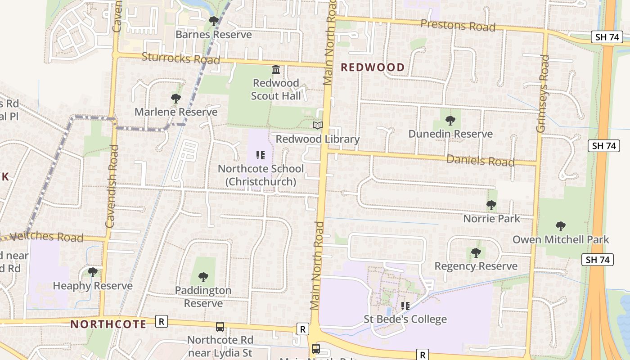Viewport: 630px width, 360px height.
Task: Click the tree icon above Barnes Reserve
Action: [x=214, y=21]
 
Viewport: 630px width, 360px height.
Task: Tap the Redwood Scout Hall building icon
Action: [x=276, y=70]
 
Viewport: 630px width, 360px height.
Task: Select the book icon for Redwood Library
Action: [x=318, y=126]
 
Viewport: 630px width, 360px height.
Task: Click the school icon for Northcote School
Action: [x=261, y=155]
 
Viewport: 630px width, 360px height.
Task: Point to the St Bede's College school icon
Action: [x=405, y=306]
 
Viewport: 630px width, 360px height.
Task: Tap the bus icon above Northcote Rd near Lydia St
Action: [x=220, y=327]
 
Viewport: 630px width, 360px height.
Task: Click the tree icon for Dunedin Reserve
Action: [x=450, y=120]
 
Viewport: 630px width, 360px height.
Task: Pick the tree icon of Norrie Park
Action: [x=491, y=205]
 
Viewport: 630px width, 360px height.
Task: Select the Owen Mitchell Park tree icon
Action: [x=560, y=226]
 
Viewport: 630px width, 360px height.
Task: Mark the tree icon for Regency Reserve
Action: [x=476, y=253]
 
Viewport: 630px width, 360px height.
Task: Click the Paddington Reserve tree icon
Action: [x=203, y=277]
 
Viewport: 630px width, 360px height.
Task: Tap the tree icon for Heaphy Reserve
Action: [x=93, y=272]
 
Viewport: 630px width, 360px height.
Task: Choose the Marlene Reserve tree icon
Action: [x=176, y=99]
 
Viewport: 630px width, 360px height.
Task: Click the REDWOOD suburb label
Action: [x=373, y=67]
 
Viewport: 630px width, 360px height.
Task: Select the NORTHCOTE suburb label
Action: [x=108, y=324]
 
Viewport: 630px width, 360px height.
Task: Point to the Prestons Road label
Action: [x=458, y=26]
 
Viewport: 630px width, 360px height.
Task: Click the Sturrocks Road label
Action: [x=181, y=58]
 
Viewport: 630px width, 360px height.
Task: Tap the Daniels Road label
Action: [x=480, y=160]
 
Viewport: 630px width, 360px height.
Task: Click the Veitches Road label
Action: [x=46, y=237]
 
